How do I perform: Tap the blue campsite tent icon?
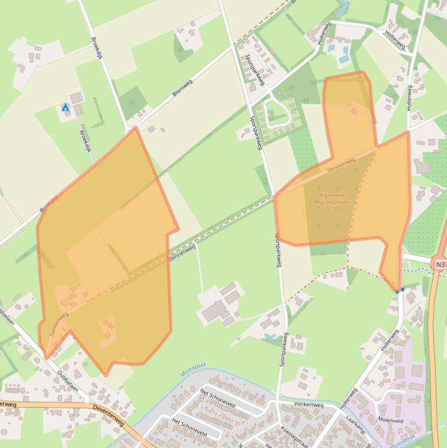pos(66,108)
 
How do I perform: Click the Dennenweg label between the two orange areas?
pos(182,253)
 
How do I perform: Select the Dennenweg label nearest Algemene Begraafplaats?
pos(341,165)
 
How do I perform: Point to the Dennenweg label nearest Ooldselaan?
pos(59,323)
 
